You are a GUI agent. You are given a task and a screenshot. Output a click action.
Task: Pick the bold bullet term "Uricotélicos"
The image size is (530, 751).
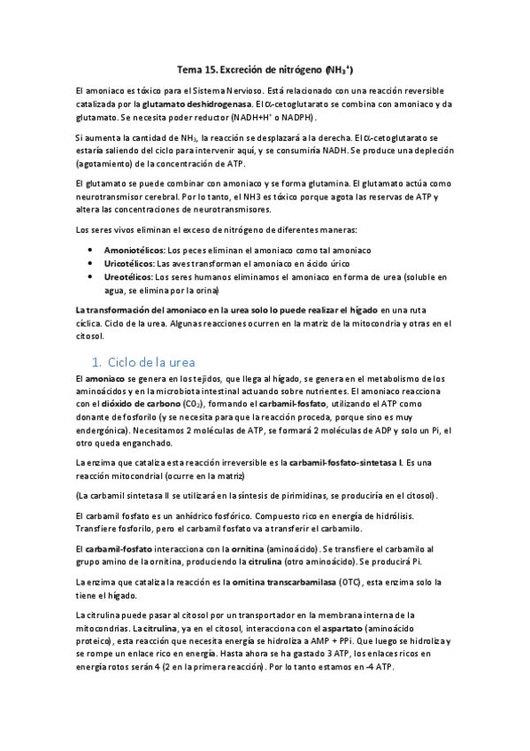click(x=129, y=264)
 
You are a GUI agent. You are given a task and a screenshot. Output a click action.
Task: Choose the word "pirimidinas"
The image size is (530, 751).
click(x=286, y=496)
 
